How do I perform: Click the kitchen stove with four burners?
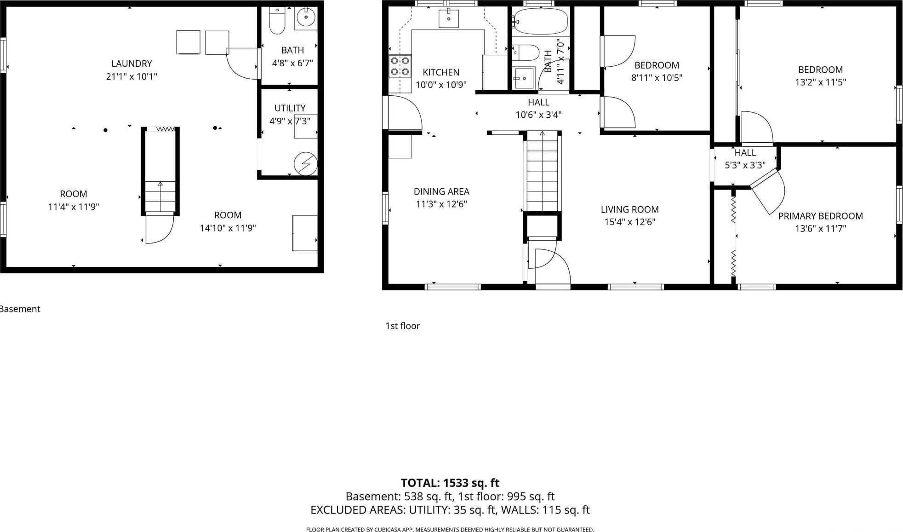click(400, 66)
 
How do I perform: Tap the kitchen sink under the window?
click(448, 19)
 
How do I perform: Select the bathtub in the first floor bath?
click(541, 21)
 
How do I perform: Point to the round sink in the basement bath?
click(305, 18)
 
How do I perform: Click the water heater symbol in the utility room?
click(305, 164)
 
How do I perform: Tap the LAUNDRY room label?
click(131, 64)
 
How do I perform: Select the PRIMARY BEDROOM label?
click(820, 216)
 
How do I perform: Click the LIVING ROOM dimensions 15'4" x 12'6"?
click(629, 222)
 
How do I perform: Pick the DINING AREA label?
click(441, 191)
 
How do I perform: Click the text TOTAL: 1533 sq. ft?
click(450, 483)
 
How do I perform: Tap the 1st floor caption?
click(402, 326)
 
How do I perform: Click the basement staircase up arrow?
click(160, 185)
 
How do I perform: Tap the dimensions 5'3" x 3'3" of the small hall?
click(745, 165)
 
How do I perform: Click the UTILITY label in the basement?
click(290, 108)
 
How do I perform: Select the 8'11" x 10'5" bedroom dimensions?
click(657, 78)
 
